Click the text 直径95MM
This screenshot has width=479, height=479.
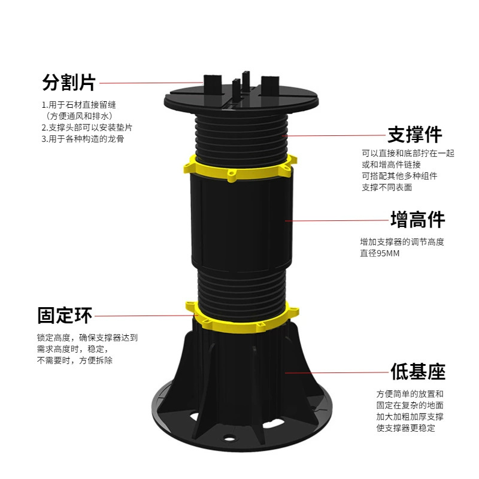click(380, 253)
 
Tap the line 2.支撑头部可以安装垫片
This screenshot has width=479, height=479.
click(87, 127)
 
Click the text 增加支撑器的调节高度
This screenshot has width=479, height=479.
click(402, 242)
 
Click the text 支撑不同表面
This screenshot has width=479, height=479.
click(387, 187)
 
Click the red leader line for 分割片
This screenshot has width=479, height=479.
click(150, 83)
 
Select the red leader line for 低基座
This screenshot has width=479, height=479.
click(335, 372)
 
